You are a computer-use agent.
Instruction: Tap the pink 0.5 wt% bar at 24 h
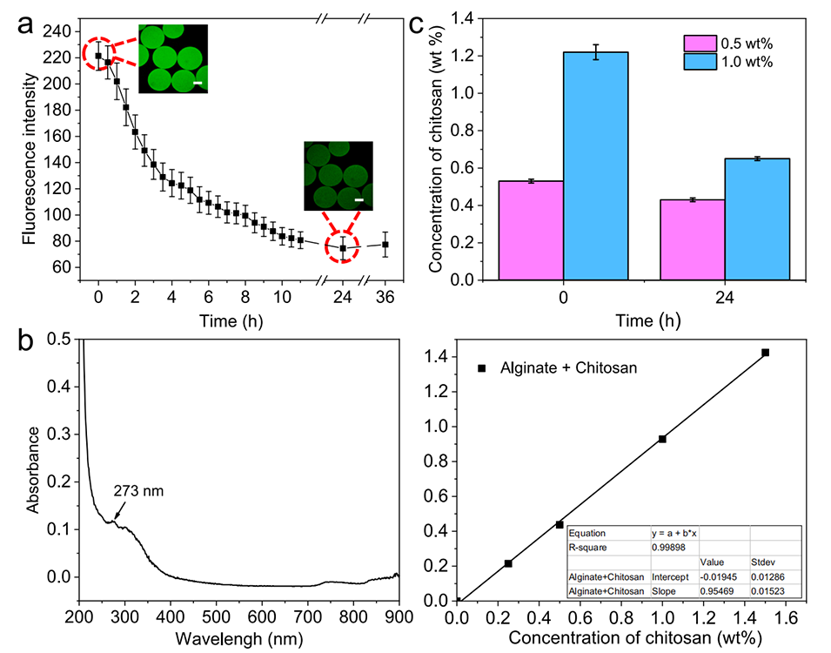(x=692, y=239)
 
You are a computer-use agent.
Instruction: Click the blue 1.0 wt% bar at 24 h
(x=757, y=219)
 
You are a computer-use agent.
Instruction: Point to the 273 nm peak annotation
(x=138, y=491)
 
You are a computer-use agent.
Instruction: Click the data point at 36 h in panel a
(x=385, y=245)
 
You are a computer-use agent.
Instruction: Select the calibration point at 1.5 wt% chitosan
(x=766, y=353)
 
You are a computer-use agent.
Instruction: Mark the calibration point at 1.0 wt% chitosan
(x=663, y=439)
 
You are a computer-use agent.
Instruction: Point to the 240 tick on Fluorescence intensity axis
(x=58, y=31)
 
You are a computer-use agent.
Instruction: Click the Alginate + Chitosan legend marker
(x=481, y=369)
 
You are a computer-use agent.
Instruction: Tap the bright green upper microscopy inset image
(x=173, y=58)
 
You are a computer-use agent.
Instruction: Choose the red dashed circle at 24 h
(x=344, y=247)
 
